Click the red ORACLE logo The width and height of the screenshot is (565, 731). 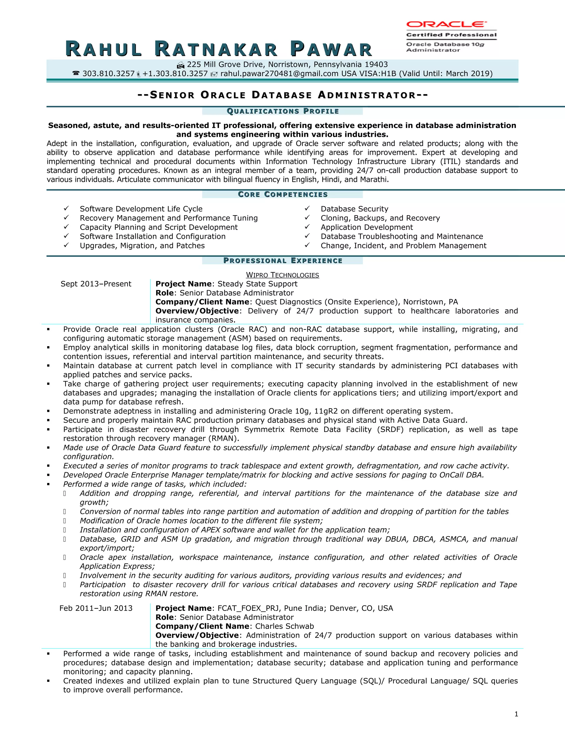click(x=446, y=25)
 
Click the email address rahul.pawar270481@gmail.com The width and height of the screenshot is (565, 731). click(x=279, y=74)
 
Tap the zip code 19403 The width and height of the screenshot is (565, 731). click(x=376, y=65)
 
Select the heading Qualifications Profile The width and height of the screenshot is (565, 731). click(x=283, y=111)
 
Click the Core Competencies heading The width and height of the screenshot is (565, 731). click(x=283, y=194)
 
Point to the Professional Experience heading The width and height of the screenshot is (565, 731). click(x=283, y=261)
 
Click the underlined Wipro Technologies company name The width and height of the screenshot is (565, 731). click(x=282, y=275)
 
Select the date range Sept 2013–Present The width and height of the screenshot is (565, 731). click(x=96, y=284)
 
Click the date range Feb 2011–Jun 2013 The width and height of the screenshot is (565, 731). click(x=96, y=608)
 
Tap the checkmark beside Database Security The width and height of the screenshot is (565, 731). click(x=307, y=209)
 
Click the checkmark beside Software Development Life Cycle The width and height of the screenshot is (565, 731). click(x=66, y=209)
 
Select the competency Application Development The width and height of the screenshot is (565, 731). click(x=367, y=227)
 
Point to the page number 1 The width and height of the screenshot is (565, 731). click(x=516, y=714)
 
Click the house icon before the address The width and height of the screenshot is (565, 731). click(x=181, y=65)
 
